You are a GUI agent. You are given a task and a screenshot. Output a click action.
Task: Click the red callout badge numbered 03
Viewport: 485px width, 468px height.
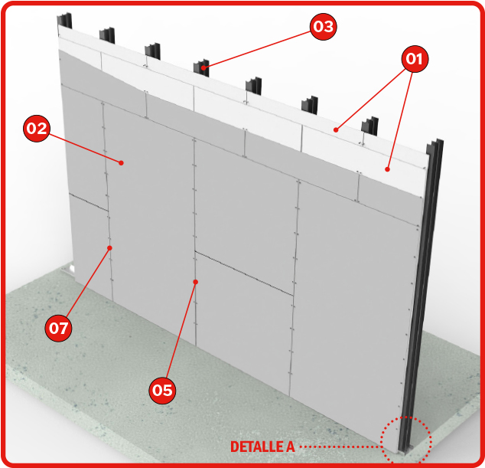coord(324,27)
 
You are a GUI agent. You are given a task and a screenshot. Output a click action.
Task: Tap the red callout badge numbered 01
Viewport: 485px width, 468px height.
coord(415,59)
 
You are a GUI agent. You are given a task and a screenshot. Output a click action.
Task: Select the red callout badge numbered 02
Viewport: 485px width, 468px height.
coord(37,129)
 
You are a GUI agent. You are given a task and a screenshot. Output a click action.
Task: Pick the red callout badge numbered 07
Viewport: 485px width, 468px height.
coord(58,328)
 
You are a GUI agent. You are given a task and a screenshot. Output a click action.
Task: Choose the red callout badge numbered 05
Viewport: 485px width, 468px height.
coord(162,391)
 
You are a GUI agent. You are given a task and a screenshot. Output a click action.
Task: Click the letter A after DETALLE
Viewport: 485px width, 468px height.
coord(291,447)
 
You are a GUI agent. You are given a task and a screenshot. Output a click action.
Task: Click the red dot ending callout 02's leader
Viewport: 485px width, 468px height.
coord(122,162)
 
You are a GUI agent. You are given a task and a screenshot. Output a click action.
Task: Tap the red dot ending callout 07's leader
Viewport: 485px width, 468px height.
coord(109,247)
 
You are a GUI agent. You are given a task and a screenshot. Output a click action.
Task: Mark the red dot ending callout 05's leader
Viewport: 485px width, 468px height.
coord(196,282)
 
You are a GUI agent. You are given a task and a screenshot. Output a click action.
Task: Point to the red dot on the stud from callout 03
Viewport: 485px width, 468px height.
coord(203,67)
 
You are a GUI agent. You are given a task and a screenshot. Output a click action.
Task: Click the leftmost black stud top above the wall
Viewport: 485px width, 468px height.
coord(64,21)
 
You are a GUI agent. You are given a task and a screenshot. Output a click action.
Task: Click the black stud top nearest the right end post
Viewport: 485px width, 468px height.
coord(370,126)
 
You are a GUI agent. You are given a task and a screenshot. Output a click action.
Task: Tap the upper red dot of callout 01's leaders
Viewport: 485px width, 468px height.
coord(336,129)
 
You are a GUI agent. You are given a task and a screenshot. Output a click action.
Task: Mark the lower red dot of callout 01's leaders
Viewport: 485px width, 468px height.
coord(387,169)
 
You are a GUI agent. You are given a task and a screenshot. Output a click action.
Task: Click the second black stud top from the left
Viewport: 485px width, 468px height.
coord(107,35)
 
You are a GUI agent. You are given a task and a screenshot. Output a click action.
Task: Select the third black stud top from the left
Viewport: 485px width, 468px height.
coord(152,51)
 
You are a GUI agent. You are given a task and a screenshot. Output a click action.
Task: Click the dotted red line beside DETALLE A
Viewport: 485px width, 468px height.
coord(340,447)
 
